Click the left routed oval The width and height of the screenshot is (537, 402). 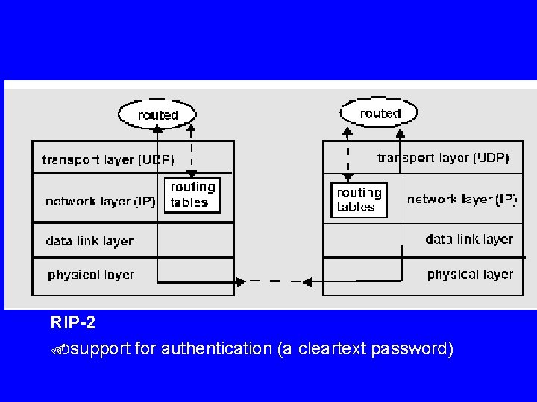157,115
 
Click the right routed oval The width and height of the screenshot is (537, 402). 380,113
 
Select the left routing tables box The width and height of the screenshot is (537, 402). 192,195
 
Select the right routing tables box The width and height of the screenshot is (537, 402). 359,200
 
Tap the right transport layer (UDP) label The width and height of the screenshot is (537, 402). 443,157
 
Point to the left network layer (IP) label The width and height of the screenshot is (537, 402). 100,201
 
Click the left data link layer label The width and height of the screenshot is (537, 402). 89,240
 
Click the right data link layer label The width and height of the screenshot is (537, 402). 469,239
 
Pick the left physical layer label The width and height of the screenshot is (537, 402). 91,275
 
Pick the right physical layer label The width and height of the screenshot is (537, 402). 470,274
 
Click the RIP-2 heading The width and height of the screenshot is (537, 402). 73,324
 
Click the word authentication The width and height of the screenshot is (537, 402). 216,348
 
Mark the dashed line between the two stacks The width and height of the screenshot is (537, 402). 272,281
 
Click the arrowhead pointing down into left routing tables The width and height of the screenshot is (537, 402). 192,173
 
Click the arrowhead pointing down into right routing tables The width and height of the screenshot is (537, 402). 347,178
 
